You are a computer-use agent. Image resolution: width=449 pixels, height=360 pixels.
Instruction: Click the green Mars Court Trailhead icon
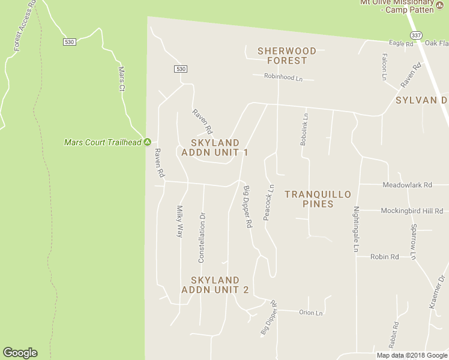click(x=147, y=142)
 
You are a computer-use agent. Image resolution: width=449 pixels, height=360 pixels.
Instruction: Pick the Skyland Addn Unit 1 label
click(x=219, y=147)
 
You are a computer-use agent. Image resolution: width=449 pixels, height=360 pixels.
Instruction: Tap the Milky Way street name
click(x=179, y=221)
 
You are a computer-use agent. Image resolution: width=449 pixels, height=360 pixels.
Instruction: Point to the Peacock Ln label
click(x=269, y=202)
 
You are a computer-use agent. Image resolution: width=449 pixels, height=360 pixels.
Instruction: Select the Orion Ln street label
click(x=311, y=313)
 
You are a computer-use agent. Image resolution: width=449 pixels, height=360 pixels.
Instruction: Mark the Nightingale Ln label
click(x=356, y=229)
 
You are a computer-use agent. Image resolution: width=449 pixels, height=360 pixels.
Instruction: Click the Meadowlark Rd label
click(x=407, y=185)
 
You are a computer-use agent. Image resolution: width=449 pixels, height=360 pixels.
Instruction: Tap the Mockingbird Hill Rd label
click(x=412, y=211)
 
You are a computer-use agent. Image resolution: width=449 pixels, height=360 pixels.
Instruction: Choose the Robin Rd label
click(x=385, y=257)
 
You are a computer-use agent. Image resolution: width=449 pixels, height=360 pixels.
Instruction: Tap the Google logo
click(x=20, y=353)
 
